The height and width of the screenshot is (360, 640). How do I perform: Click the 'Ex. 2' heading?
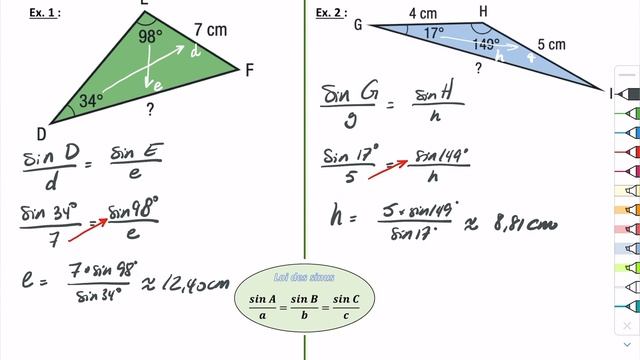coord(330,13)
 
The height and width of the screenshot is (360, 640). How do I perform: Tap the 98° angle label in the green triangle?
coord(150,37)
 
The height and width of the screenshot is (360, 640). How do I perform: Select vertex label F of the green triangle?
coord(248,70)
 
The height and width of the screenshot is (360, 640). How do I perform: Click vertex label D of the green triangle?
coord(41,134)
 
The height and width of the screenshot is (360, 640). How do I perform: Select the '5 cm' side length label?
coord(551,44)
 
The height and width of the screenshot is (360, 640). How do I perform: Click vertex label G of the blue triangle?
coord(357,25)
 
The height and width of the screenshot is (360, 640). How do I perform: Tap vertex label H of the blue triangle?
coord(484,11)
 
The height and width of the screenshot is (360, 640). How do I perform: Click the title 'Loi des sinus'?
coord(304,276)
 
